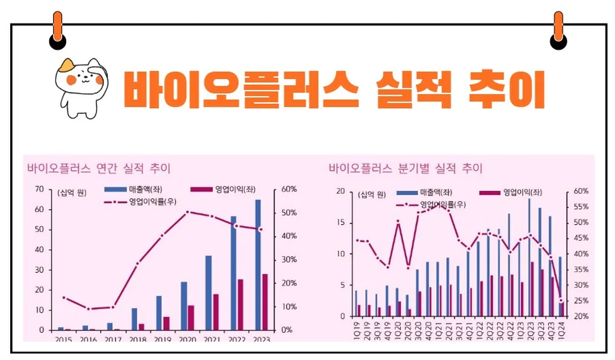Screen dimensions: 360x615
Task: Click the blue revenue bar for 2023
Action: coord(258,265)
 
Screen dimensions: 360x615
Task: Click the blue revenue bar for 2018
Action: coord(134,319)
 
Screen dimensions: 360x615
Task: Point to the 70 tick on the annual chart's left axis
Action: coord(39,189)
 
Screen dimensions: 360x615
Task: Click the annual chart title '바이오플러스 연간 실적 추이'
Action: coord(99,169)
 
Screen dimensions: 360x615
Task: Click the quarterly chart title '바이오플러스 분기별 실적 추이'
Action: coord(405,169)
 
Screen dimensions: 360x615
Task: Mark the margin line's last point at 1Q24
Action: coord(561,300)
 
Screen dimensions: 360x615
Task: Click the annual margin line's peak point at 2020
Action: coord(187,212)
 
